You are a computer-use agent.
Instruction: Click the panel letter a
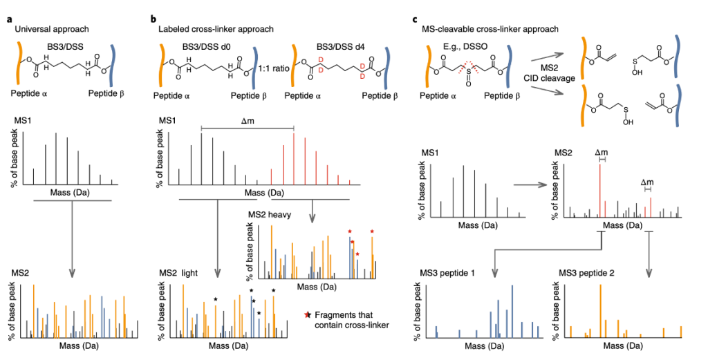coord(9,17)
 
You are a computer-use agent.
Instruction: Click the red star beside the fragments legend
coord(308,315)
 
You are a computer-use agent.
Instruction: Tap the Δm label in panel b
coord(247,122)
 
